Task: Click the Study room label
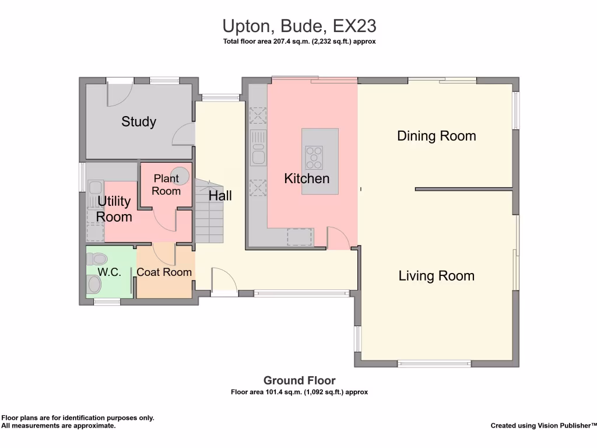tap(139, 121)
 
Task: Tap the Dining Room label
tap(436, 136)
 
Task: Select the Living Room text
tap(436, 276)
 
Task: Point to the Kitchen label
tap(307, 178)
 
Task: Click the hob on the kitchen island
tap(314, 157)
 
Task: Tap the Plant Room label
tap(166, 185)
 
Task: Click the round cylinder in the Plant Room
tap(182, 175)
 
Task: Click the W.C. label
tap(109, 272)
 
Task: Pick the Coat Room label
tap(164, 272)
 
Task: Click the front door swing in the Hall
tap(224, 281)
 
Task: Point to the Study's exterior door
tap(120, 93)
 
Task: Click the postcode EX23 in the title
tap(354, 26)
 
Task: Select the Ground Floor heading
tap(299, 380)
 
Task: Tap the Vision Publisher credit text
tap(543, 425)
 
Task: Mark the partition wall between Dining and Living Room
tap(463, 190)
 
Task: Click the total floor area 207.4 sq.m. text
tap(299, 41)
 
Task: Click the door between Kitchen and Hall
tap(338, 238)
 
